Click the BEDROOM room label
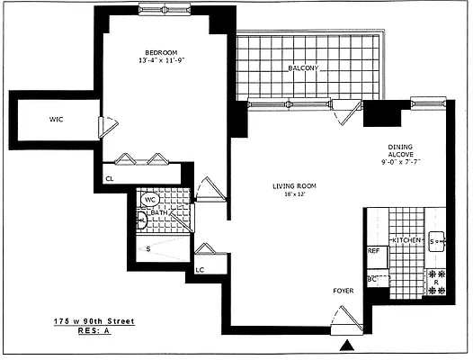tap(162, 51)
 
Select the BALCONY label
tap(304, 68)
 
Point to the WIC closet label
tap(57, 118)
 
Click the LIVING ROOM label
tap(295, 186)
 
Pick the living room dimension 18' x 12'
tap(295, 195)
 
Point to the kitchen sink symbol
tap(437, 241)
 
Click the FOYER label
tap(344, 291)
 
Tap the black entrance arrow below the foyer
tap(347, 345)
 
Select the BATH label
tap(158, 212)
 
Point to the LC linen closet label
tap(200, 267)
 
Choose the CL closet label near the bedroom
tap(109, 179)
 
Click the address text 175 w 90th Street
tap(91, 321)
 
